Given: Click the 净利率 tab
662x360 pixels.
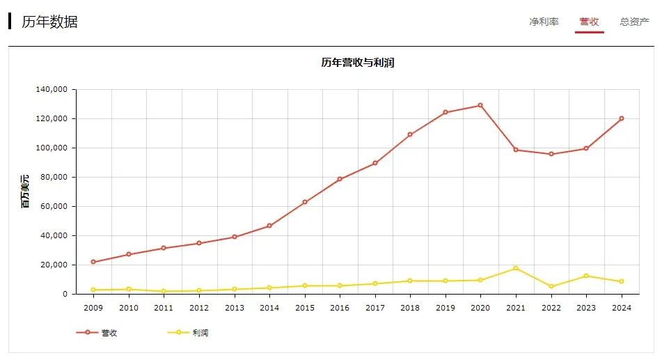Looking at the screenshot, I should (544, 22).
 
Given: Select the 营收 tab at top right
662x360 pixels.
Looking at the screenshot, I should (589, 22).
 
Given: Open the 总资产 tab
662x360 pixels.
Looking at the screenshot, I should (634, 22).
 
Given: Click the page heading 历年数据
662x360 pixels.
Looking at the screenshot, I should (49, 22).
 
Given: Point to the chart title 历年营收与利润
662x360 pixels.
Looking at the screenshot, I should (358, 63).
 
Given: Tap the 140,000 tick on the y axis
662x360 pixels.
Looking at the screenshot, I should (50, 90).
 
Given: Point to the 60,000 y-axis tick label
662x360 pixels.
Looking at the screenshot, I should (52, 207).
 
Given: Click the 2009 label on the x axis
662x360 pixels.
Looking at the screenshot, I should (93, 308).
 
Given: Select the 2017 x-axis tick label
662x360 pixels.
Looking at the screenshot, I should (375, 308).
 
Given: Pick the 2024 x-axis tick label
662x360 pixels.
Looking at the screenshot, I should (621, 308).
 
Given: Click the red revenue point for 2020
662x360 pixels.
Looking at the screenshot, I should (480, 105).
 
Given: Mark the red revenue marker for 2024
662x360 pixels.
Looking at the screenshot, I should (621, 118).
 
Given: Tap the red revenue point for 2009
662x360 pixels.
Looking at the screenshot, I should (93, 262).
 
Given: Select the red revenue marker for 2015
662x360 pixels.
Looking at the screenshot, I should (304, 202).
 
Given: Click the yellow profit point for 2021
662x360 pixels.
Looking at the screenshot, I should (516, 268).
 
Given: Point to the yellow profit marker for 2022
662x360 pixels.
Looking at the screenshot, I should (551, 286).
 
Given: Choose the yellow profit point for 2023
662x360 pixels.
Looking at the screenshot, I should (586, 276).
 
